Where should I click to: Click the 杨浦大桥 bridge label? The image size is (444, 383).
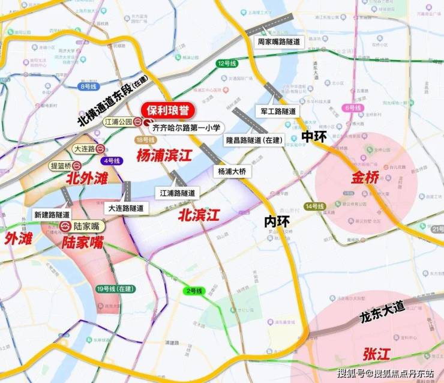tap(232, 171)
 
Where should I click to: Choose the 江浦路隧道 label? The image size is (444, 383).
tap(178, 193)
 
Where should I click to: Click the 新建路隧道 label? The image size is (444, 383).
tap(52, 214)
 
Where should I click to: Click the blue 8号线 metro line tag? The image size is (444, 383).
tap(88, 86)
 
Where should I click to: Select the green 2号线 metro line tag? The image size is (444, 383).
tap(194, 291)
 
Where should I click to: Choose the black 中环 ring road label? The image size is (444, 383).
tap(314, 136)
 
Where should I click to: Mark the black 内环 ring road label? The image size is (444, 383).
tap(277, 222)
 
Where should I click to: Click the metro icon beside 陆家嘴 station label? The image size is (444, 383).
tap(65, 226)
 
